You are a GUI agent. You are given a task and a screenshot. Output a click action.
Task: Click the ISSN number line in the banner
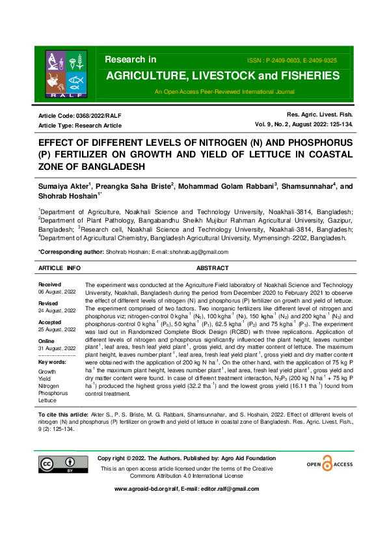pyautogui.click(x=292, y=60)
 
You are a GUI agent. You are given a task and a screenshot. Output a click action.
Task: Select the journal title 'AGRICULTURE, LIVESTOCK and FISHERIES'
pyautogui.click(x=222, y=76)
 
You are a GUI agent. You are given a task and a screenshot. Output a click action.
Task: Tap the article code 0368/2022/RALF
pyautogui.click(x=80, y=115)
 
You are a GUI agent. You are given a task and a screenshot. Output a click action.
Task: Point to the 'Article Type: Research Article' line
pyautogui.click(x=80, y=125)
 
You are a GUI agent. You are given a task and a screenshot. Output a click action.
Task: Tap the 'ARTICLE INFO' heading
pyautogui.click(x=60, y=268)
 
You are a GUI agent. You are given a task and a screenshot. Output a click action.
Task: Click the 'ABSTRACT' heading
pyautogui.click(x=212, y=268)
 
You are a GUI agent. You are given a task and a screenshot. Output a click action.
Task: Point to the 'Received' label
pyautogui.click(x=49, y=284)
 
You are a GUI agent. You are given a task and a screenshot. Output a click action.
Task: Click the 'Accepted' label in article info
pyautogui.click(x=50, y=322)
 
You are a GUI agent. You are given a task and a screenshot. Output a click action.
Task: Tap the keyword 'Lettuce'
pyautogui.click(x=49, y=400)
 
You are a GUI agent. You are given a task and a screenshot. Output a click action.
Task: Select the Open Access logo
pyautogui.click(x=329, y=464)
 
